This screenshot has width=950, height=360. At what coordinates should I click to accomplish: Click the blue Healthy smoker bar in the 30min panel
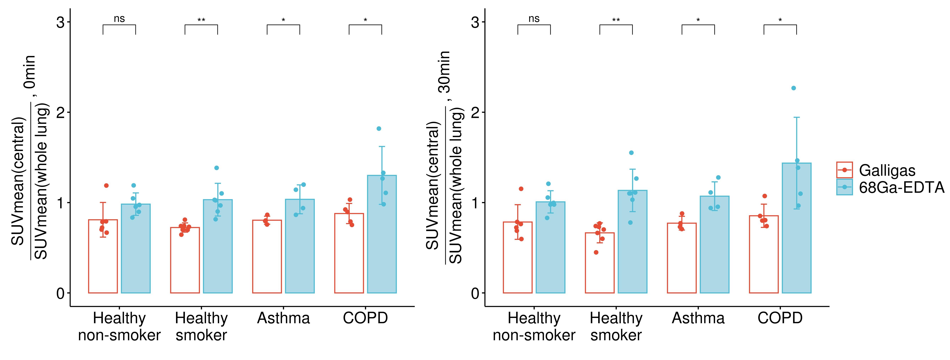click(632, 242)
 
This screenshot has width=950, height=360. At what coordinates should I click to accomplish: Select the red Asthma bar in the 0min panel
click(267, 256)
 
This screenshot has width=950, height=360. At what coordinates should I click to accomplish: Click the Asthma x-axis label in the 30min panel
click(698, 318)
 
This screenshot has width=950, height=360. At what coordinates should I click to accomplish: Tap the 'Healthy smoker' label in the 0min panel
click(201, 326)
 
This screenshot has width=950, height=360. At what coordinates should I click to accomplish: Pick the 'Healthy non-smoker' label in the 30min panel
click(534, 326)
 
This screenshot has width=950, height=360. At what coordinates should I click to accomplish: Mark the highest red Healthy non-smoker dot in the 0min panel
click(106, 186)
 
